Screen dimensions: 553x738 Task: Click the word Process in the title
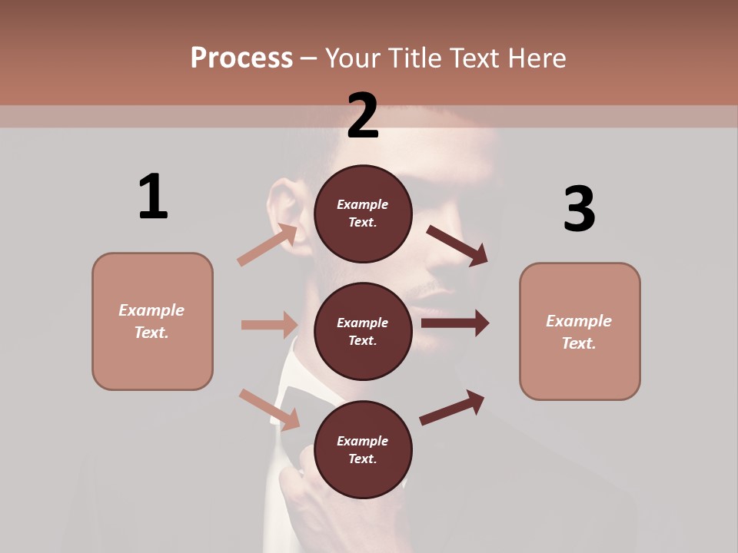click(241, 58)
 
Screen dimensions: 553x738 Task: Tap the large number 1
click(153, 197)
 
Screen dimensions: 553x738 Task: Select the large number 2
click(363, 115)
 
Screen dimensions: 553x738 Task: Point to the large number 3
click(579, 209)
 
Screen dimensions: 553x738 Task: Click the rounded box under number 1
click(152, 321)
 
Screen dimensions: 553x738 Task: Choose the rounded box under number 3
click(580, 332)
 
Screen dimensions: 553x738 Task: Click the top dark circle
click(363, 213)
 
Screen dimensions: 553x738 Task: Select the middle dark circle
click(363, 331)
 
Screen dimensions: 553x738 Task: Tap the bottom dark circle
click(363, 449)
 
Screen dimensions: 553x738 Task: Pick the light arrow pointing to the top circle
click(268, 245)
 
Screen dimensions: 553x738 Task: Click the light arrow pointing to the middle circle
click(269, 325)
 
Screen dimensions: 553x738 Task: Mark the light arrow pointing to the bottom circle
click(269, 409)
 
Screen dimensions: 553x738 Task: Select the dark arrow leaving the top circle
click(457, 245)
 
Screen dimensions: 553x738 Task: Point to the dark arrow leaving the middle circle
click(454, 323)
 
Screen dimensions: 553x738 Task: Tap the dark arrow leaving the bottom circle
click(452, 407)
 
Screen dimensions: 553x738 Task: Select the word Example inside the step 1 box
click(151, 310)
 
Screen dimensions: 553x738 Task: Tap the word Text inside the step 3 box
click(579, 343)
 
